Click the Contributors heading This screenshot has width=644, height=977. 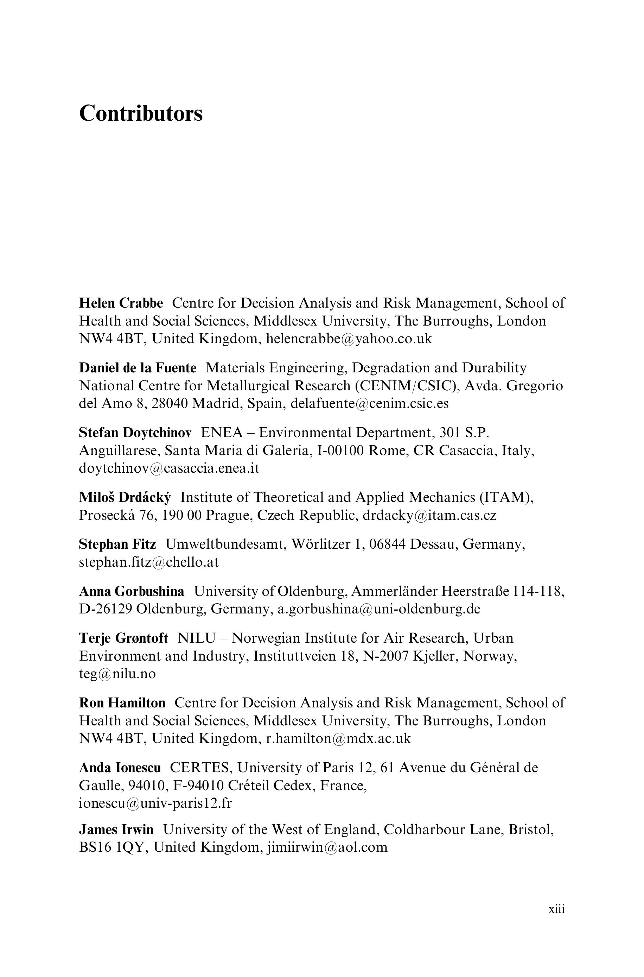tap(141, 113)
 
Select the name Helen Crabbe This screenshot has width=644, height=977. tap(121, 303)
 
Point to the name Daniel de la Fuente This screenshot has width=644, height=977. tap(138, 368)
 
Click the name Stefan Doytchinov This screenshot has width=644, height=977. tap(135, 433)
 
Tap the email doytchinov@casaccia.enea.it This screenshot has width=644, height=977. tap(169, 468)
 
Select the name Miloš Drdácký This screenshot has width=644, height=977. tap(125, 497)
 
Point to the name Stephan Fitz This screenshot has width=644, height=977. tap(117, 544)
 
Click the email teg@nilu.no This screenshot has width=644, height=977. tap(117, 674)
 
